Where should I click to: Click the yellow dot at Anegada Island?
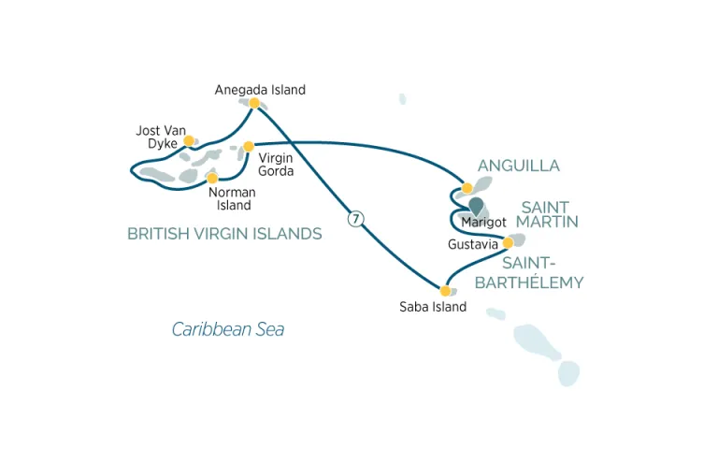pos(254,103)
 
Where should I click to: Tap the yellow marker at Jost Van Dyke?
pos(188,140)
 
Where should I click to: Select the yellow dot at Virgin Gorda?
pos(248,147)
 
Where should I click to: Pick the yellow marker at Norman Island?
pos(212,178)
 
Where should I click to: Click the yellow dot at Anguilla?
pos(467,188)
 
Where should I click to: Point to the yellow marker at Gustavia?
pos(508,243)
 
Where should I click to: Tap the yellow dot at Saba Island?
pos(445,291)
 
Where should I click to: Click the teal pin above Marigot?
pos(476,206)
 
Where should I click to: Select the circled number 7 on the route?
pos(355,219)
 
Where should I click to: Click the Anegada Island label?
pos(260,90)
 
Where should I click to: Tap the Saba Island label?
pos(433,307)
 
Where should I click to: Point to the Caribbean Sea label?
pos(228,329)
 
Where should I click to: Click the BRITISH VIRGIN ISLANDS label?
pos(224,234)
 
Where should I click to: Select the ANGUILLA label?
pos(518,166)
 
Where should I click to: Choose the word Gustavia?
pos(472,244)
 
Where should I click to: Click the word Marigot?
pos(483,223)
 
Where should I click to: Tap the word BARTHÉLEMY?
pos(529,282)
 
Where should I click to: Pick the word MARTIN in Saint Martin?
pos(547,222)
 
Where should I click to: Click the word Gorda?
pos(276,171)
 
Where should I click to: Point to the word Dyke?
pos(163,144)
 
